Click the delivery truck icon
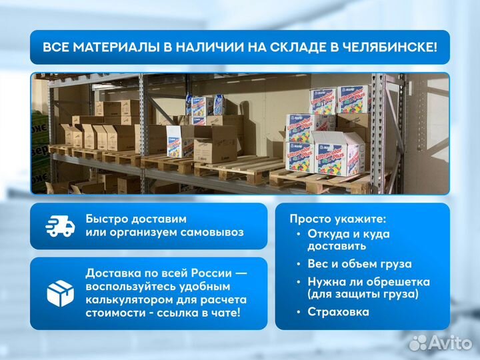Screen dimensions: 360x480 point(60,226)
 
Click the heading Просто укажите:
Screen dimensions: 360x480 point(338,219)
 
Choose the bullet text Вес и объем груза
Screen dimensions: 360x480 point(359,264)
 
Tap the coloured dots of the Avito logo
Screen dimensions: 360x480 point(418,343)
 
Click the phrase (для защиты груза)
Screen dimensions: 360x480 point(363,294)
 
